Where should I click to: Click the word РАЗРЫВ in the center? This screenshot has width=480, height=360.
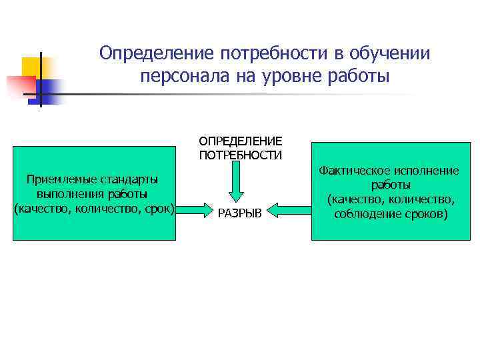point(240,213)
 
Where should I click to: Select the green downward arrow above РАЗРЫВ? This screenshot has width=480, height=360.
point(240,179)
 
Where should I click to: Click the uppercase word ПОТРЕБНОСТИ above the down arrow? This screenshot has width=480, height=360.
point(240,155)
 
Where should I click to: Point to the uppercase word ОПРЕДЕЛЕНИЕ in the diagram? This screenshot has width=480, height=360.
point(240,141)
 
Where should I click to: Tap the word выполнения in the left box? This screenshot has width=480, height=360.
point(66,194)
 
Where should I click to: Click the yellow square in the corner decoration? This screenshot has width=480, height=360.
point(33,67)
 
